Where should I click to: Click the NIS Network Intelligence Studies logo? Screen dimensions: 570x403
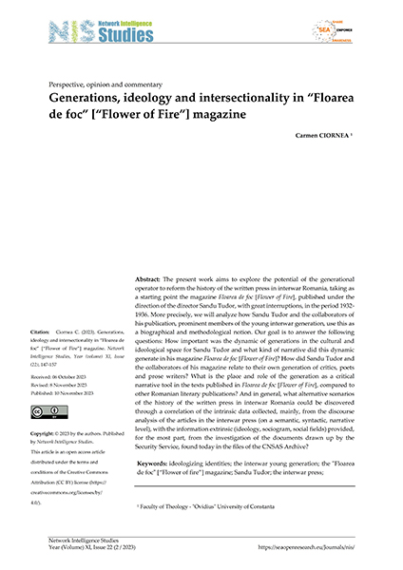click(95, 29)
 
